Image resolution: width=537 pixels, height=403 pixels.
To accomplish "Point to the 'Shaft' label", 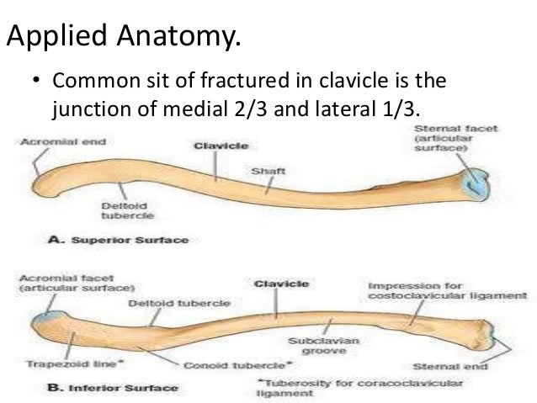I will point(268,171).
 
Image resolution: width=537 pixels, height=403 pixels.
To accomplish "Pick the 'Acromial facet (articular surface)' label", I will point(70,283).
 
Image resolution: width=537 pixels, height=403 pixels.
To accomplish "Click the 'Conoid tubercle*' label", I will point(238,364).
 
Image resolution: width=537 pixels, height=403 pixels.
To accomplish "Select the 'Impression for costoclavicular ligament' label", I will point(447,291).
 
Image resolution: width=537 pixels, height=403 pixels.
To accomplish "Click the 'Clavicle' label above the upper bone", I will point(221,146).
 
